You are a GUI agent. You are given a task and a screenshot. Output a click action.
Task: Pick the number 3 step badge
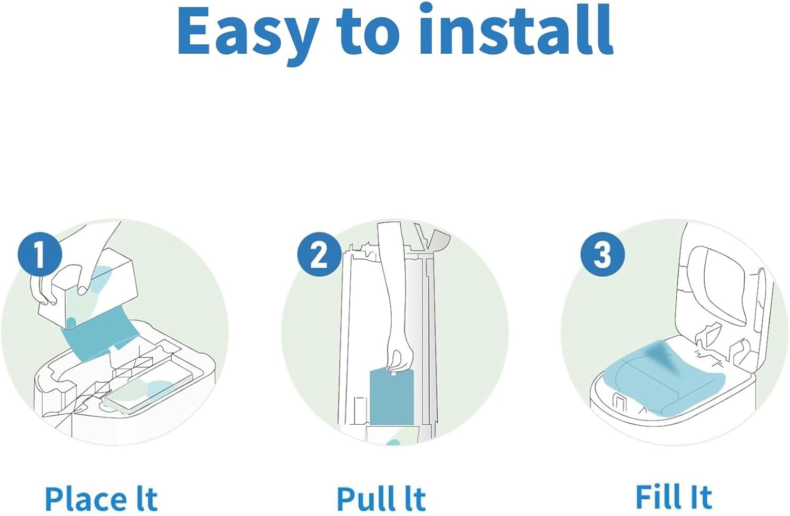[602, 255]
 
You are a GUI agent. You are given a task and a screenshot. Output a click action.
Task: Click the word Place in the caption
[86, 498]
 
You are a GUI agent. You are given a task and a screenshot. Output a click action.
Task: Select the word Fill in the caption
[657, 496]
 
